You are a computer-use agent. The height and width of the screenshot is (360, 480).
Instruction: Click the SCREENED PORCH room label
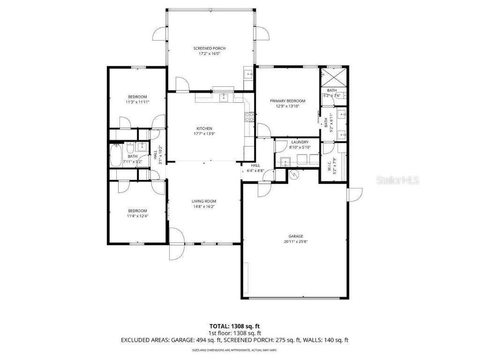(210, 48)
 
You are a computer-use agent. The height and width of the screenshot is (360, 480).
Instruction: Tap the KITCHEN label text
(204, 128)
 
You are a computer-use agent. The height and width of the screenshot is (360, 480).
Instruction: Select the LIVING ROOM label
(203, 202)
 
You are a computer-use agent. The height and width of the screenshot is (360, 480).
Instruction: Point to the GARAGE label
(295, 236)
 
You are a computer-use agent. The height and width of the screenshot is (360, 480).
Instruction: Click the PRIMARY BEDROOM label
(287, 101)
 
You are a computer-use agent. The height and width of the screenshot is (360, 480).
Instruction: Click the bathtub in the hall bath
(115, 156)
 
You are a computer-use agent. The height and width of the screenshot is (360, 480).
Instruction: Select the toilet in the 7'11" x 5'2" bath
(141, 147)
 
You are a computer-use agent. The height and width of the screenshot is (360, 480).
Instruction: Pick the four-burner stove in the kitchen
(249, 117)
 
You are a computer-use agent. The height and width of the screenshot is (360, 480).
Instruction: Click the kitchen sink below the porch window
(224, 97)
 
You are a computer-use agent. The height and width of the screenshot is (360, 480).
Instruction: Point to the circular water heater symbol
(294, 175)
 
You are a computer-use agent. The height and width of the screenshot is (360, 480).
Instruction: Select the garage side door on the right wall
(355, 195)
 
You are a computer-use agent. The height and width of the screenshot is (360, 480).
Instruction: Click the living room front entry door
(177, 243)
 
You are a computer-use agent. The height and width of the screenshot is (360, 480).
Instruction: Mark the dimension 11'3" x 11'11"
(137, 102)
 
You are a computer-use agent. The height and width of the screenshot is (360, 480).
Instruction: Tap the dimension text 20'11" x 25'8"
(295, 242)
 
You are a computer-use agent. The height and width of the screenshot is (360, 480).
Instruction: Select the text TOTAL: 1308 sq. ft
(234, 326)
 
